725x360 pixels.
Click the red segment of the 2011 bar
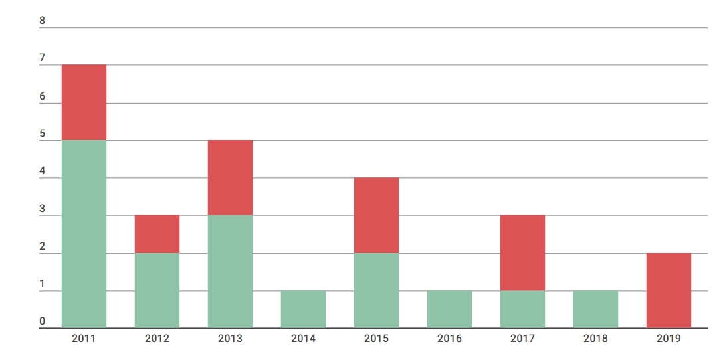[x=84, y=102]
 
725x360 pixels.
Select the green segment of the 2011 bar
[x=84, y=234]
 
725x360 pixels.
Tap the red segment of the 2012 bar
[x=157, y=234]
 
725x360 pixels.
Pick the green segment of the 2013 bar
[x=230, y=271]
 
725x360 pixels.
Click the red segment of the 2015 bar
[x=376, y=215]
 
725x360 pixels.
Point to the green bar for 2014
[x=303, y=309]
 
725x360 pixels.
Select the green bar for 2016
[x=449, y=309]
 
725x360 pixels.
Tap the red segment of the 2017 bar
[x=522, y=252]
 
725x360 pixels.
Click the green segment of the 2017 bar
[x=522, y=309]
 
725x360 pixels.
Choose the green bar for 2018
[x=595, y=309]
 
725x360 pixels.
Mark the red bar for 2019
[x=669, y=290]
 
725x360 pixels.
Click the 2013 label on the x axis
[x=230, y=339]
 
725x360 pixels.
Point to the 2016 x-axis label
[x=449, y=339]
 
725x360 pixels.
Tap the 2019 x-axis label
[x=669, y=339]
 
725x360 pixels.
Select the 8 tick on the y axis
[x=43, y=21]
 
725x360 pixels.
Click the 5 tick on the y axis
[x=43, y=134]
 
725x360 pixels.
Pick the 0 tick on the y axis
[x=43, y=321]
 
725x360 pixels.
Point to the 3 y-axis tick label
[x=43, y=209]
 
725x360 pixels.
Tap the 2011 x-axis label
[x=84, y=339]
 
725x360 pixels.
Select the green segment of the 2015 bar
[x=376, y=290]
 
